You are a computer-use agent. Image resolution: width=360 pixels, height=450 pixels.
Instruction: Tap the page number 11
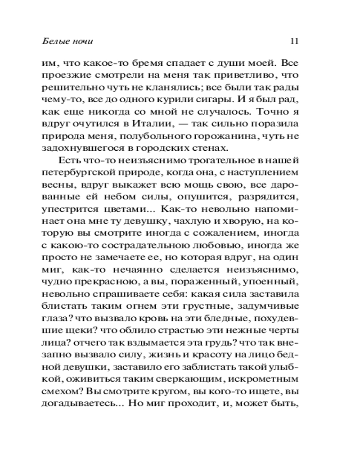click(295, 41)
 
